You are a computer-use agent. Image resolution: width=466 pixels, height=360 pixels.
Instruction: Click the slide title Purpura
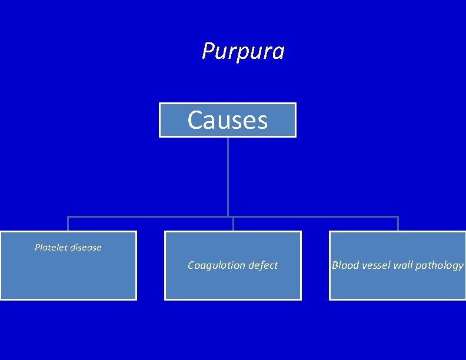point(243,51)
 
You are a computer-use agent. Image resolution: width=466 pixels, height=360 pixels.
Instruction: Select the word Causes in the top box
point(228,121)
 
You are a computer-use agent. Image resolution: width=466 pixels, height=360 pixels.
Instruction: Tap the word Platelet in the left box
point(51,248)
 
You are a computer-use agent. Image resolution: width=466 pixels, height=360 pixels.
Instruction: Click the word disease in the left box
point(86,248)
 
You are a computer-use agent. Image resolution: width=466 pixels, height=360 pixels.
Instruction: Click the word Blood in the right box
point(345,265)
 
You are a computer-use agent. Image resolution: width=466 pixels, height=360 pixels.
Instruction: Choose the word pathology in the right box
point(440,266)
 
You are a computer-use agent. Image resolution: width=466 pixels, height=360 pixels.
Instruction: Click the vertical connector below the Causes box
point(228,176)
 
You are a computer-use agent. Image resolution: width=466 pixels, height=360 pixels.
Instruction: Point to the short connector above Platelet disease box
point(68,224)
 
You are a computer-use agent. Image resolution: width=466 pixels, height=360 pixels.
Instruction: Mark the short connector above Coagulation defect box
point(233,224)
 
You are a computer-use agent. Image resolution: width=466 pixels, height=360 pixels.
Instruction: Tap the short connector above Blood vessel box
point(398,224)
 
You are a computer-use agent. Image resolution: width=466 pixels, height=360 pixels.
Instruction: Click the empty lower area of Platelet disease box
point(68,279)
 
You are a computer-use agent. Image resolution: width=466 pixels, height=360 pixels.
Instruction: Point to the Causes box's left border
point(159,120)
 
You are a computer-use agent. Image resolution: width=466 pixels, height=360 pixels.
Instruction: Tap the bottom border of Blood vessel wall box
point(398,299)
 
